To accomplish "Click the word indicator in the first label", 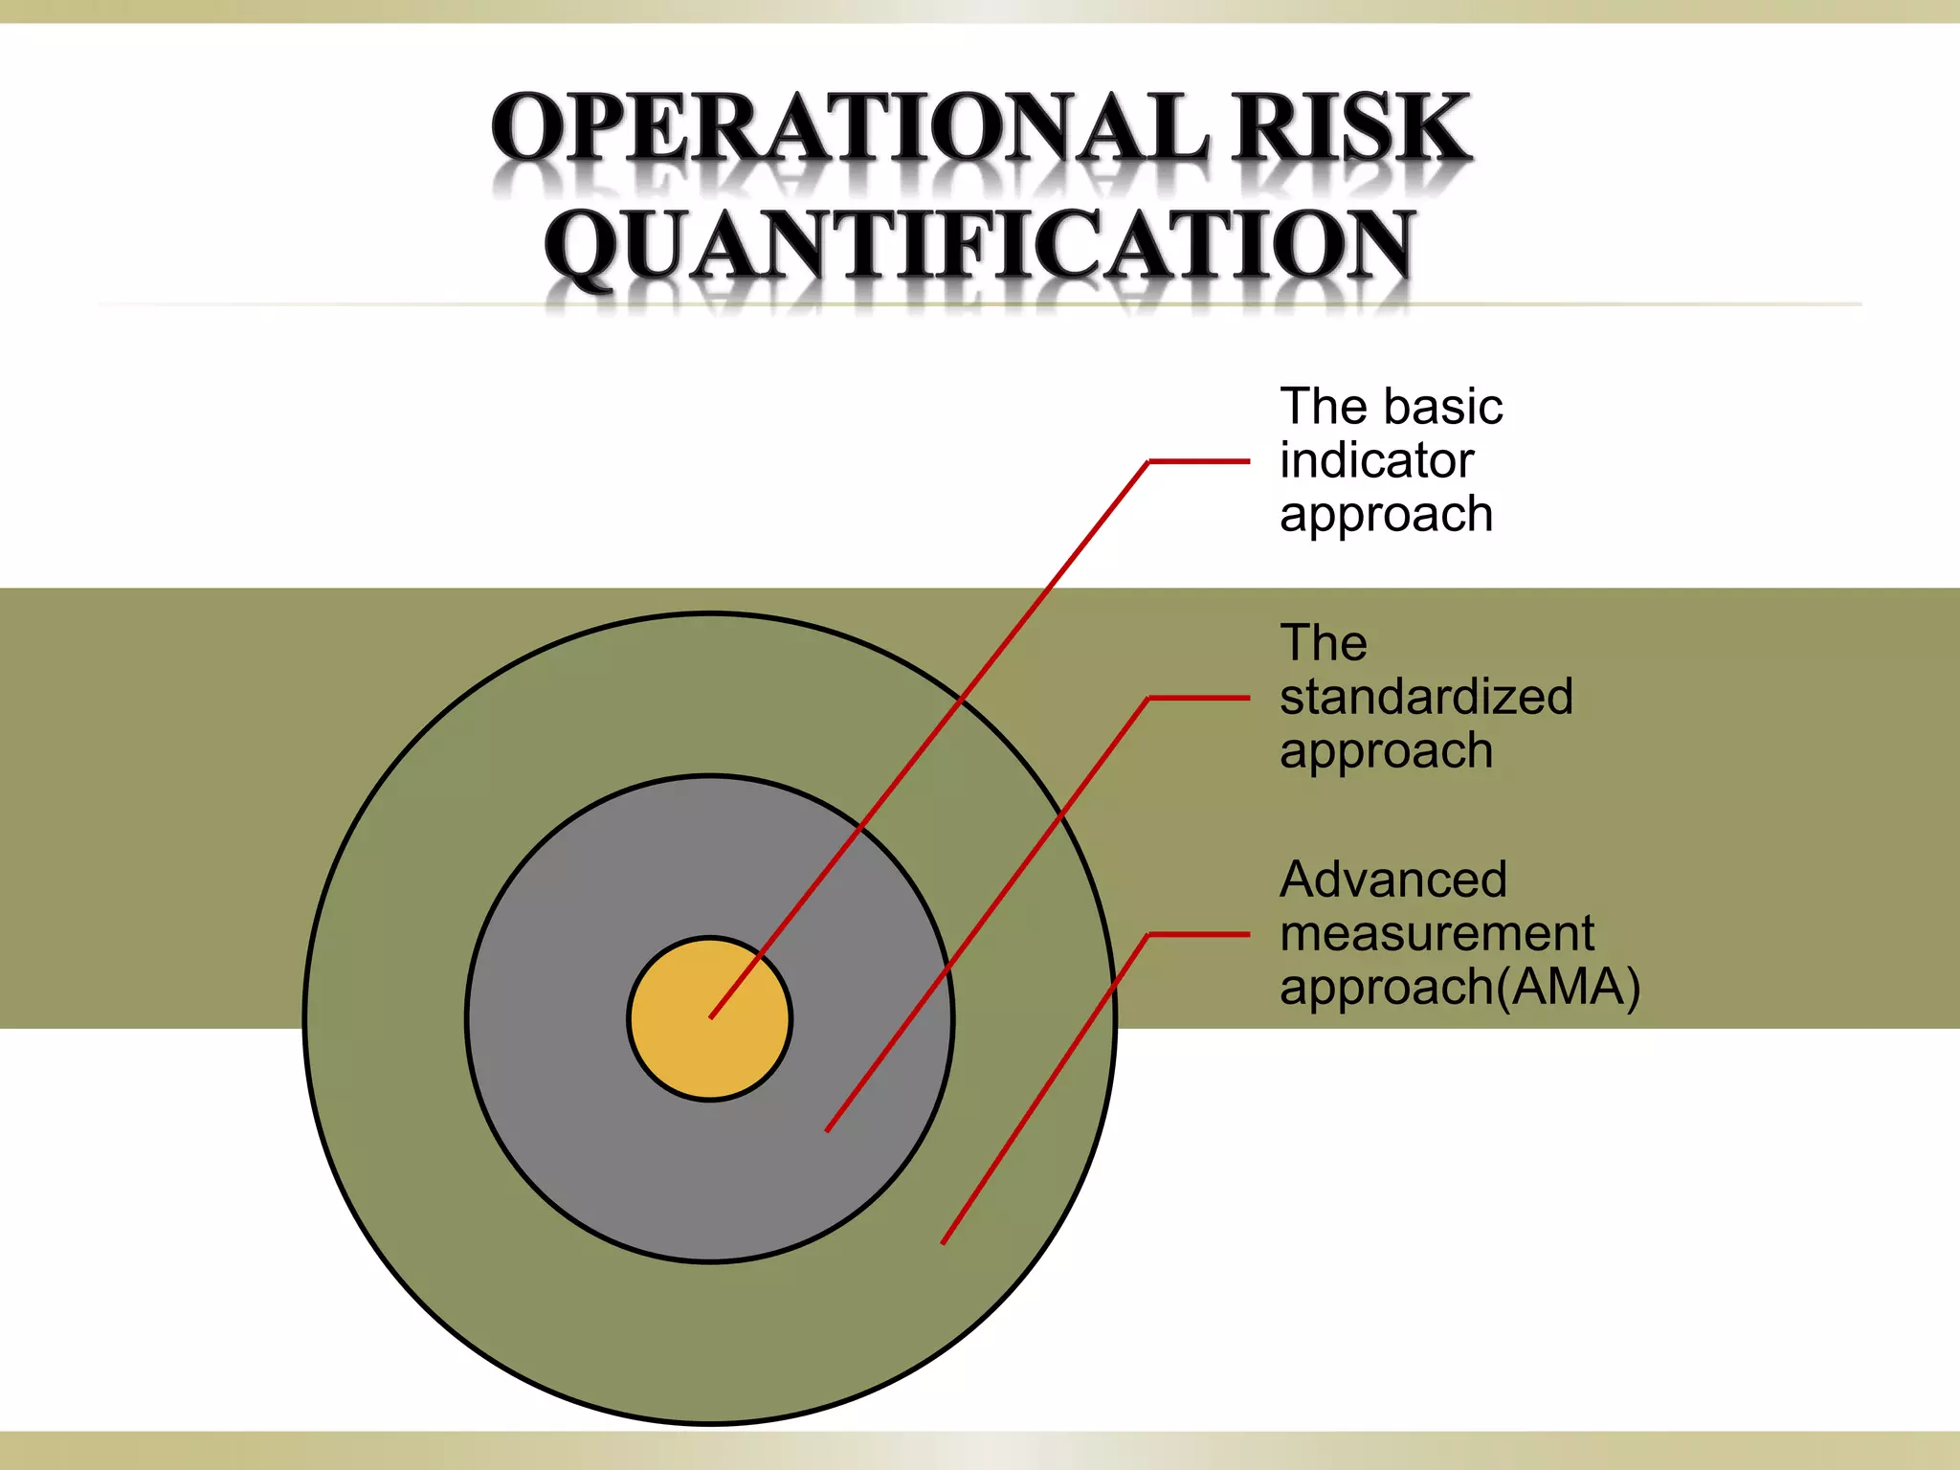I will point(1376,461).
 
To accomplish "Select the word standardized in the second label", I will point(1426,697).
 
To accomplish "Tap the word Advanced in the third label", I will point(1392,880).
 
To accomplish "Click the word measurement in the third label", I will point(1437,933).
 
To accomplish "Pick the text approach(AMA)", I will point(1459,988).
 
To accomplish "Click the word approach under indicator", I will point(1386,515).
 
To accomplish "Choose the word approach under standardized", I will point(1386,751).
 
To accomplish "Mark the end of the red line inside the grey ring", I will point(828,1130).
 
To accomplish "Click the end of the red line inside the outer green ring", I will point(944,1242).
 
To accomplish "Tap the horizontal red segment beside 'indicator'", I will point(1198,461).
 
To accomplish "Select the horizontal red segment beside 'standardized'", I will point(1198,699).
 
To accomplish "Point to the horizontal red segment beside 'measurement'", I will point(1198,934).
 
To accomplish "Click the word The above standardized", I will point(1324,643).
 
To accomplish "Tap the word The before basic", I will point(1324,407).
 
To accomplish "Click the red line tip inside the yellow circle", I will point(711,1016).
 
